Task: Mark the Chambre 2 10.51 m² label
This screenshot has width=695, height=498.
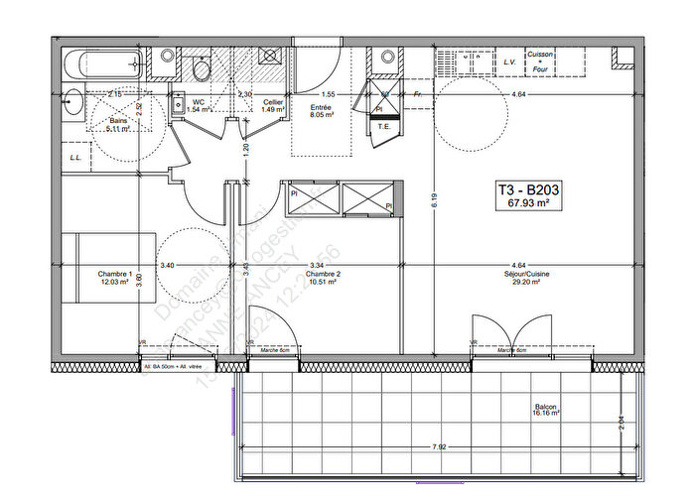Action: pyautogui.click(x=324, y=278)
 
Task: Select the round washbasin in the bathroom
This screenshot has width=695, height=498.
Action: pyautogui.click(x=72, y=100)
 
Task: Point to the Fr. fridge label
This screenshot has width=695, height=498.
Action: pyautogui.click(x=419, y=94)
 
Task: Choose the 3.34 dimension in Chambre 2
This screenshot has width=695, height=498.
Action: pyautogui.click(x=317, y=265)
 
